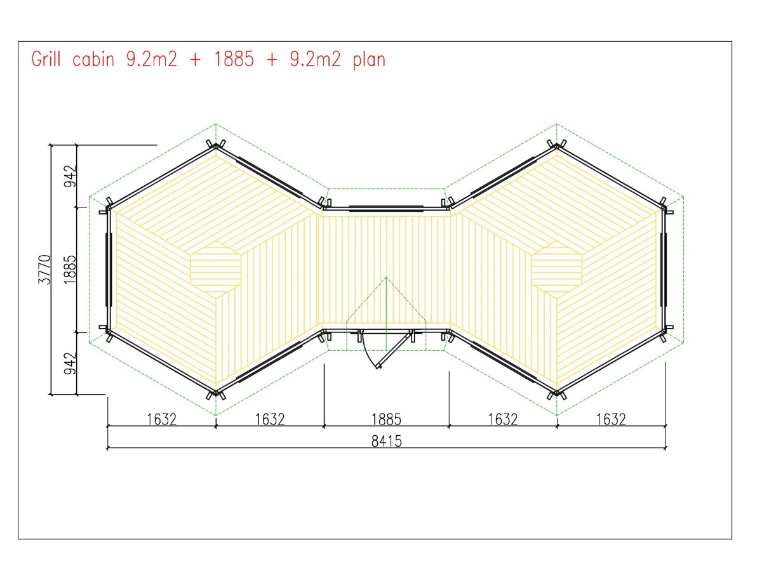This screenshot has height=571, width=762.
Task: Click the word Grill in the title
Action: click(46, 59)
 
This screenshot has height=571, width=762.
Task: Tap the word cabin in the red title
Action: click(93, 59)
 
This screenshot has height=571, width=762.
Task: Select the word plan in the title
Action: click(369, 60)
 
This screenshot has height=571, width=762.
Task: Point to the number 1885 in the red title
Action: click(234, 59)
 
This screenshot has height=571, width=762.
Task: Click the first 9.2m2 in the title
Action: click(152, 59)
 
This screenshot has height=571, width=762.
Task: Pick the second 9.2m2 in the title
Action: click(315, 59)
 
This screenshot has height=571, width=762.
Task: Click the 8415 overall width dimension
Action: click(386, 442)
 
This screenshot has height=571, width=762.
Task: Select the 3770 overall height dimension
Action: click(44, 270)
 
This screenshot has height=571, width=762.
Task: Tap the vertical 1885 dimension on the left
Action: click(70, 270)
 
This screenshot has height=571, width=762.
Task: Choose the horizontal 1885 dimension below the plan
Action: click(386, 419)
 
